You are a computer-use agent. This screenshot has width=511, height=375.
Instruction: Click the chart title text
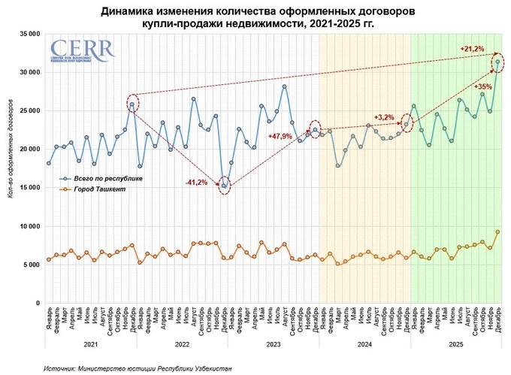[255, 17]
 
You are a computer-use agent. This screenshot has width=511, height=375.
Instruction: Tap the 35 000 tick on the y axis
[29, 34]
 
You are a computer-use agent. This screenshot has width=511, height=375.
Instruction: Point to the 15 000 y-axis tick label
[29, 188]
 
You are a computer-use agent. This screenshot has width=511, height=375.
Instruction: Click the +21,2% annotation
[472, 49]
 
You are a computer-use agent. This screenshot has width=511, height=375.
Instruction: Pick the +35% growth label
[483, 87]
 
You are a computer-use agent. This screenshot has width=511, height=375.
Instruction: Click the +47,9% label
[280, 137]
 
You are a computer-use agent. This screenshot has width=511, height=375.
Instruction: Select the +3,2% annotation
[383, 117]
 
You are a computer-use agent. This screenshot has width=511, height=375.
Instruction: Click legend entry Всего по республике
[104, 179]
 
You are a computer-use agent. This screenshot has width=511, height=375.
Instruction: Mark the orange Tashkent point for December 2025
[497, 232]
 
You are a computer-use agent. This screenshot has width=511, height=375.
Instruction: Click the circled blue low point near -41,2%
[224, 186]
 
